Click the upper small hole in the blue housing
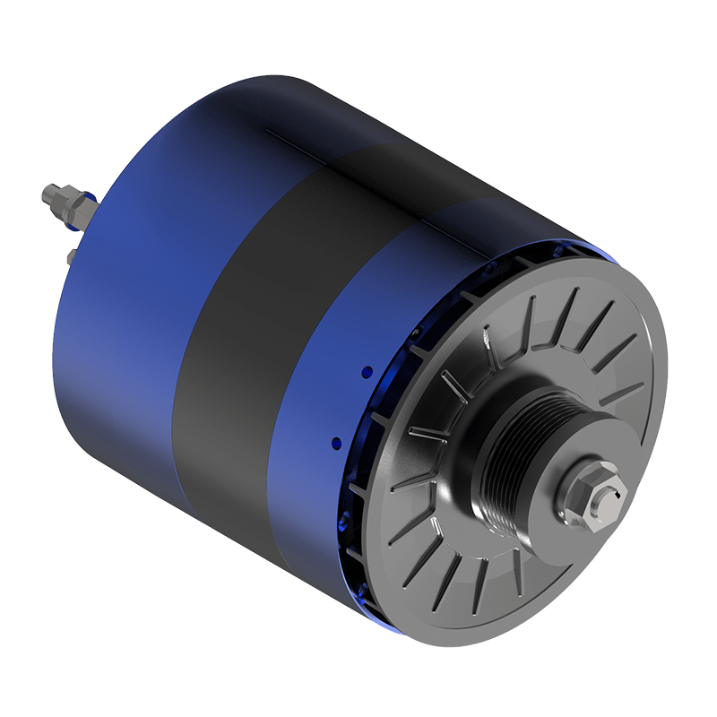pyautogui.click(x=366, y=369)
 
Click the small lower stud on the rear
pyautogui.click(x=70, y=257)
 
